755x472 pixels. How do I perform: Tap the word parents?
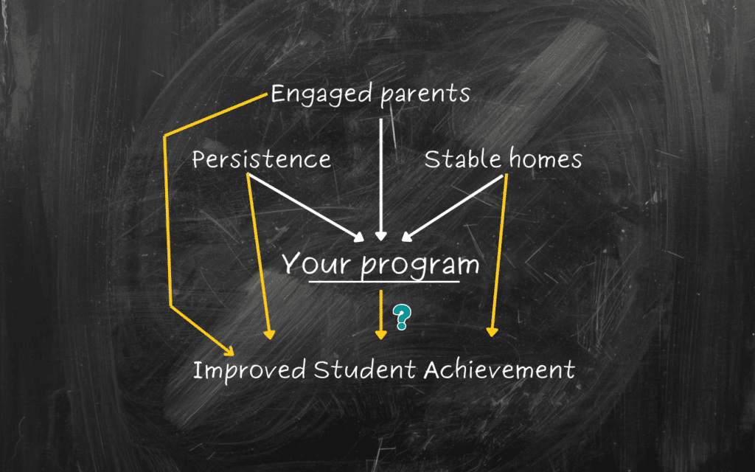coord(425,95)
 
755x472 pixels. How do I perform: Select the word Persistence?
coord(262,159)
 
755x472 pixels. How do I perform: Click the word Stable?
coord(463,159)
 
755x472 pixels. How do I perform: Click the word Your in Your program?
coord(316,263)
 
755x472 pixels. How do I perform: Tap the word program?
coord(420,265)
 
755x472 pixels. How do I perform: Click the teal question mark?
coord(402,317)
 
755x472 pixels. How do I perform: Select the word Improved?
coord(249,371)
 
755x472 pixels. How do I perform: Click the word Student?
coord(364,370)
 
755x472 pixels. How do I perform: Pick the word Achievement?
coord(499,370)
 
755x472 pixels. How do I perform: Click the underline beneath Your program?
coord(384,281)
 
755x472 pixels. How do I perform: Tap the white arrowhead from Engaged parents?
coord(381,235)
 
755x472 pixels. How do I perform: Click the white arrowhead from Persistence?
coord(359,236)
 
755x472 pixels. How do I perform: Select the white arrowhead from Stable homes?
coord(407,235)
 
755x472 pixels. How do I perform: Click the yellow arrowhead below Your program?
coord(381,335)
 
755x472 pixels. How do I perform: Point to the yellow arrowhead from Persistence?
coord(270,334)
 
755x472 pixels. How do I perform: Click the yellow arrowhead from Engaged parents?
coord(229,350)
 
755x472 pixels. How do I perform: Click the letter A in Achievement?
coord(432,370)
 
